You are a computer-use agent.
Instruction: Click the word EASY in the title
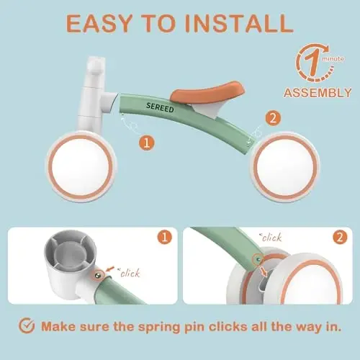tap(99, 23)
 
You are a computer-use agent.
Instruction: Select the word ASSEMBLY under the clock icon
tap(318, 93)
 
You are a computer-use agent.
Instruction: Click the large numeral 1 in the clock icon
tap(311, 63)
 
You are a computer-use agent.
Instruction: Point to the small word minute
tap(333, 59)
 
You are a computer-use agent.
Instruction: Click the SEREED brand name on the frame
tap(160, 107)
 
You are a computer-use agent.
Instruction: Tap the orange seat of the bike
tap(207, 91)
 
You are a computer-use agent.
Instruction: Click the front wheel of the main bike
tap(81, 166)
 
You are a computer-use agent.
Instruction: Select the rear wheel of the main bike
tap(285, 167)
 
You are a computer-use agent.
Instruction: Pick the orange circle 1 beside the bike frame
tap(147, 143)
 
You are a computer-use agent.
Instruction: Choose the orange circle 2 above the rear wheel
tap(273, 118)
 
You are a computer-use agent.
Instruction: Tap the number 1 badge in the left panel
tap(165, 237)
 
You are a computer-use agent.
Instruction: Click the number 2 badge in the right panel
tap(340, 237)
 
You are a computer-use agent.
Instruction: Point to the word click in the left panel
tap(130, 273)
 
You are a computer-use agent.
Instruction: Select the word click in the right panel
tap(271, 238)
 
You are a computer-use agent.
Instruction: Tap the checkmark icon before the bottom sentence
tap(27, 325)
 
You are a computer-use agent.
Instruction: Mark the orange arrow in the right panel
tap(264, 271)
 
